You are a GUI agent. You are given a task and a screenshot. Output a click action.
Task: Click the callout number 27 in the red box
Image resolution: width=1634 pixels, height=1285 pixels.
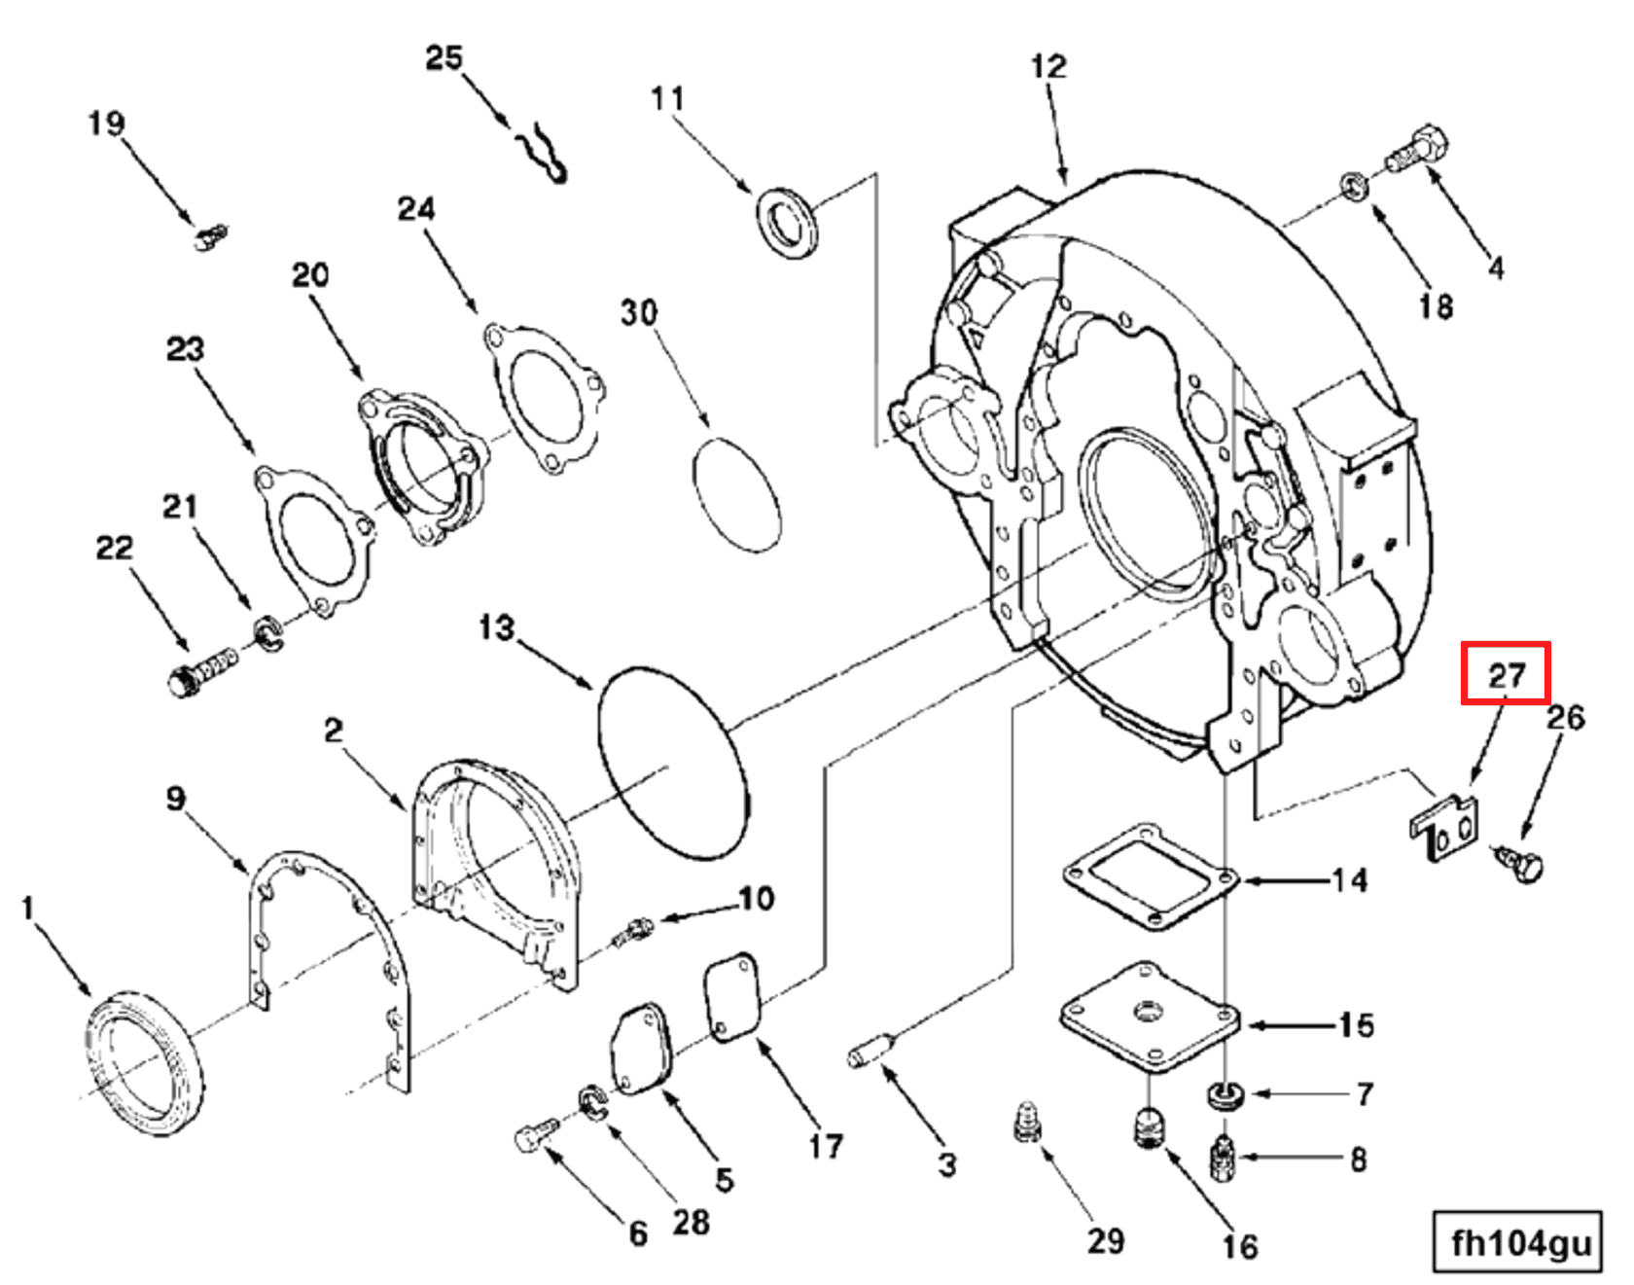1506,673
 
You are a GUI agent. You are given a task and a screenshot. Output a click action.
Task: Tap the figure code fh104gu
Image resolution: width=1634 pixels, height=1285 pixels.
1520,1242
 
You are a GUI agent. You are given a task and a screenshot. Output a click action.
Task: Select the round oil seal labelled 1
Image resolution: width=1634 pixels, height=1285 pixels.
146,1062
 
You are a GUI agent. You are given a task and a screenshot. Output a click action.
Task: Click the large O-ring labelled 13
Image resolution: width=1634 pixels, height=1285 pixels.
674,763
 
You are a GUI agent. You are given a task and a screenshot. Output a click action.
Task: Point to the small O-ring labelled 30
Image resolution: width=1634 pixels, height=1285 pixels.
736,495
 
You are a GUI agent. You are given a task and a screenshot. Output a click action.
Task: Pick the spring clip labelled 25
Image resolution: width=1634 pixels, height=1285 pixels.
543,154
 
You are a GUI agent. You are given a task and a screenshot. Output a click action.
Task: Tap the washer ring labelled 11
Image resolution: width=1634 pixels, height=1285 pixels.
787,223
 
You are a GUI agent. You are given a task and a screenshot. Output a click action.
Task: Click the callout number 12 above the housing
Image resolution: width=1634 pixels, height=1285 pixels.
1048,66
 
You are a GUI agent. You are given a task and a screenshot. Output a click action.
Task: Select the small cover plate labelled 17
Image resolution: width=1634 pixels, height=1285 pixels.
731,997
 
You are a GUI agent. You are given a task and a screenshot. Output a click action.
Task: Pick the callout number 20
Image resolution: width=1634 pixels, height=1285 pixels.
310,274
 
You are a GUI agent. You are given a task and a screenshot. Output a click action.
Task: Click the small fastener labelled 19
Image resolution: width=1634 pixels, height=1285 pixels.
211,236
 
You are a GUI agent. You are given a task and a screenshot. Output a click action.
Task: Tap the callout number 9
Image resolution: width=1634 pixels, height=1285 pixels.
175,799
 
